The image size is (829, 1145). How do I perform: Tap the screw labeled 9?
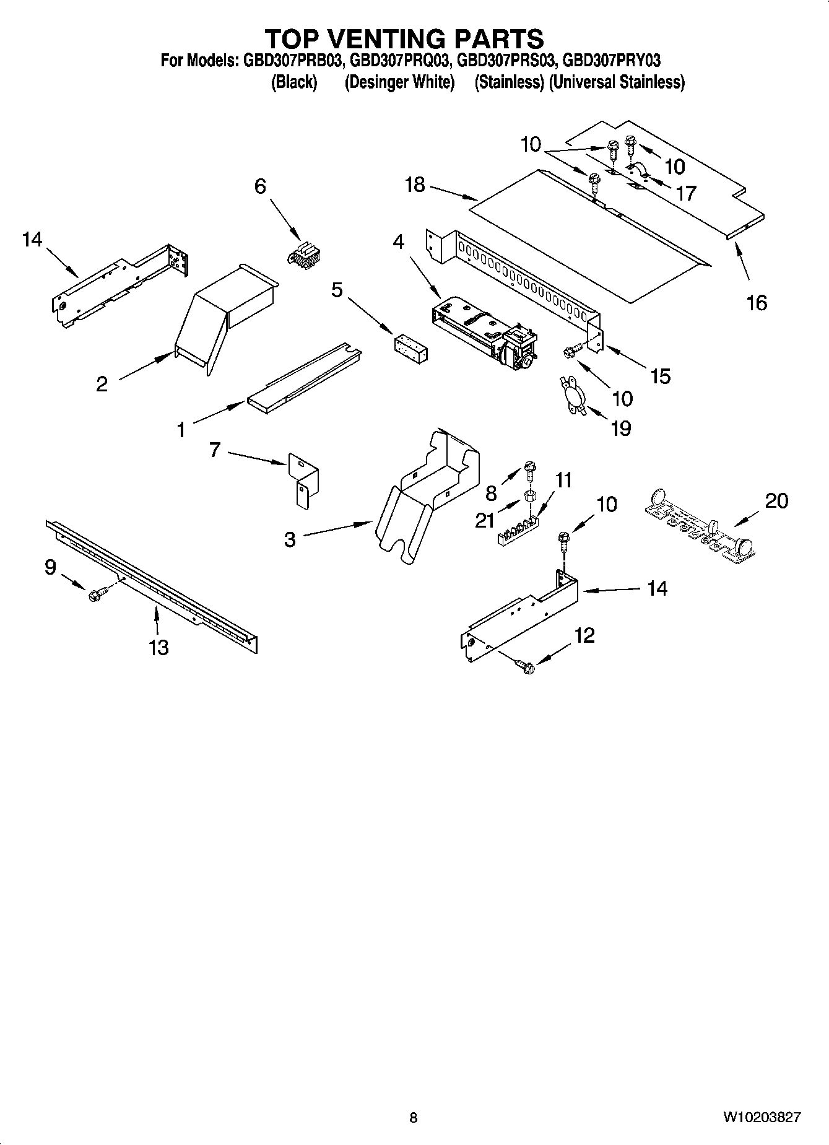(97, 594)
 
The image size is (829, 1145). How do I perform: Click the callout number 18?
(415, 184)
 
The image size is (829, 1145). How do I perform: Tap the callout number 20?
(776, 500)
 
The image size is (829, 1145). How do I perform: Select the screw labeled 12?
(526, 666)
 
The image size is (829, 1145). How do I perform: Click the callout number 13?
(158, 647)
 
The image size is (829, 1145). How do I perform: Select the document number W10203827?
(761, 1117)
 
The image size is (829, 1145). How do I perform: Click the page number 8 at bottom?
(414, 1117)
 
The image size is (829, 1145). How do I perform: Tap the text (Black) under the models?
(294, 82)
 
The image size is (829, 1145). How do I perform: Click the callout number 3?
(290, 539)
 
